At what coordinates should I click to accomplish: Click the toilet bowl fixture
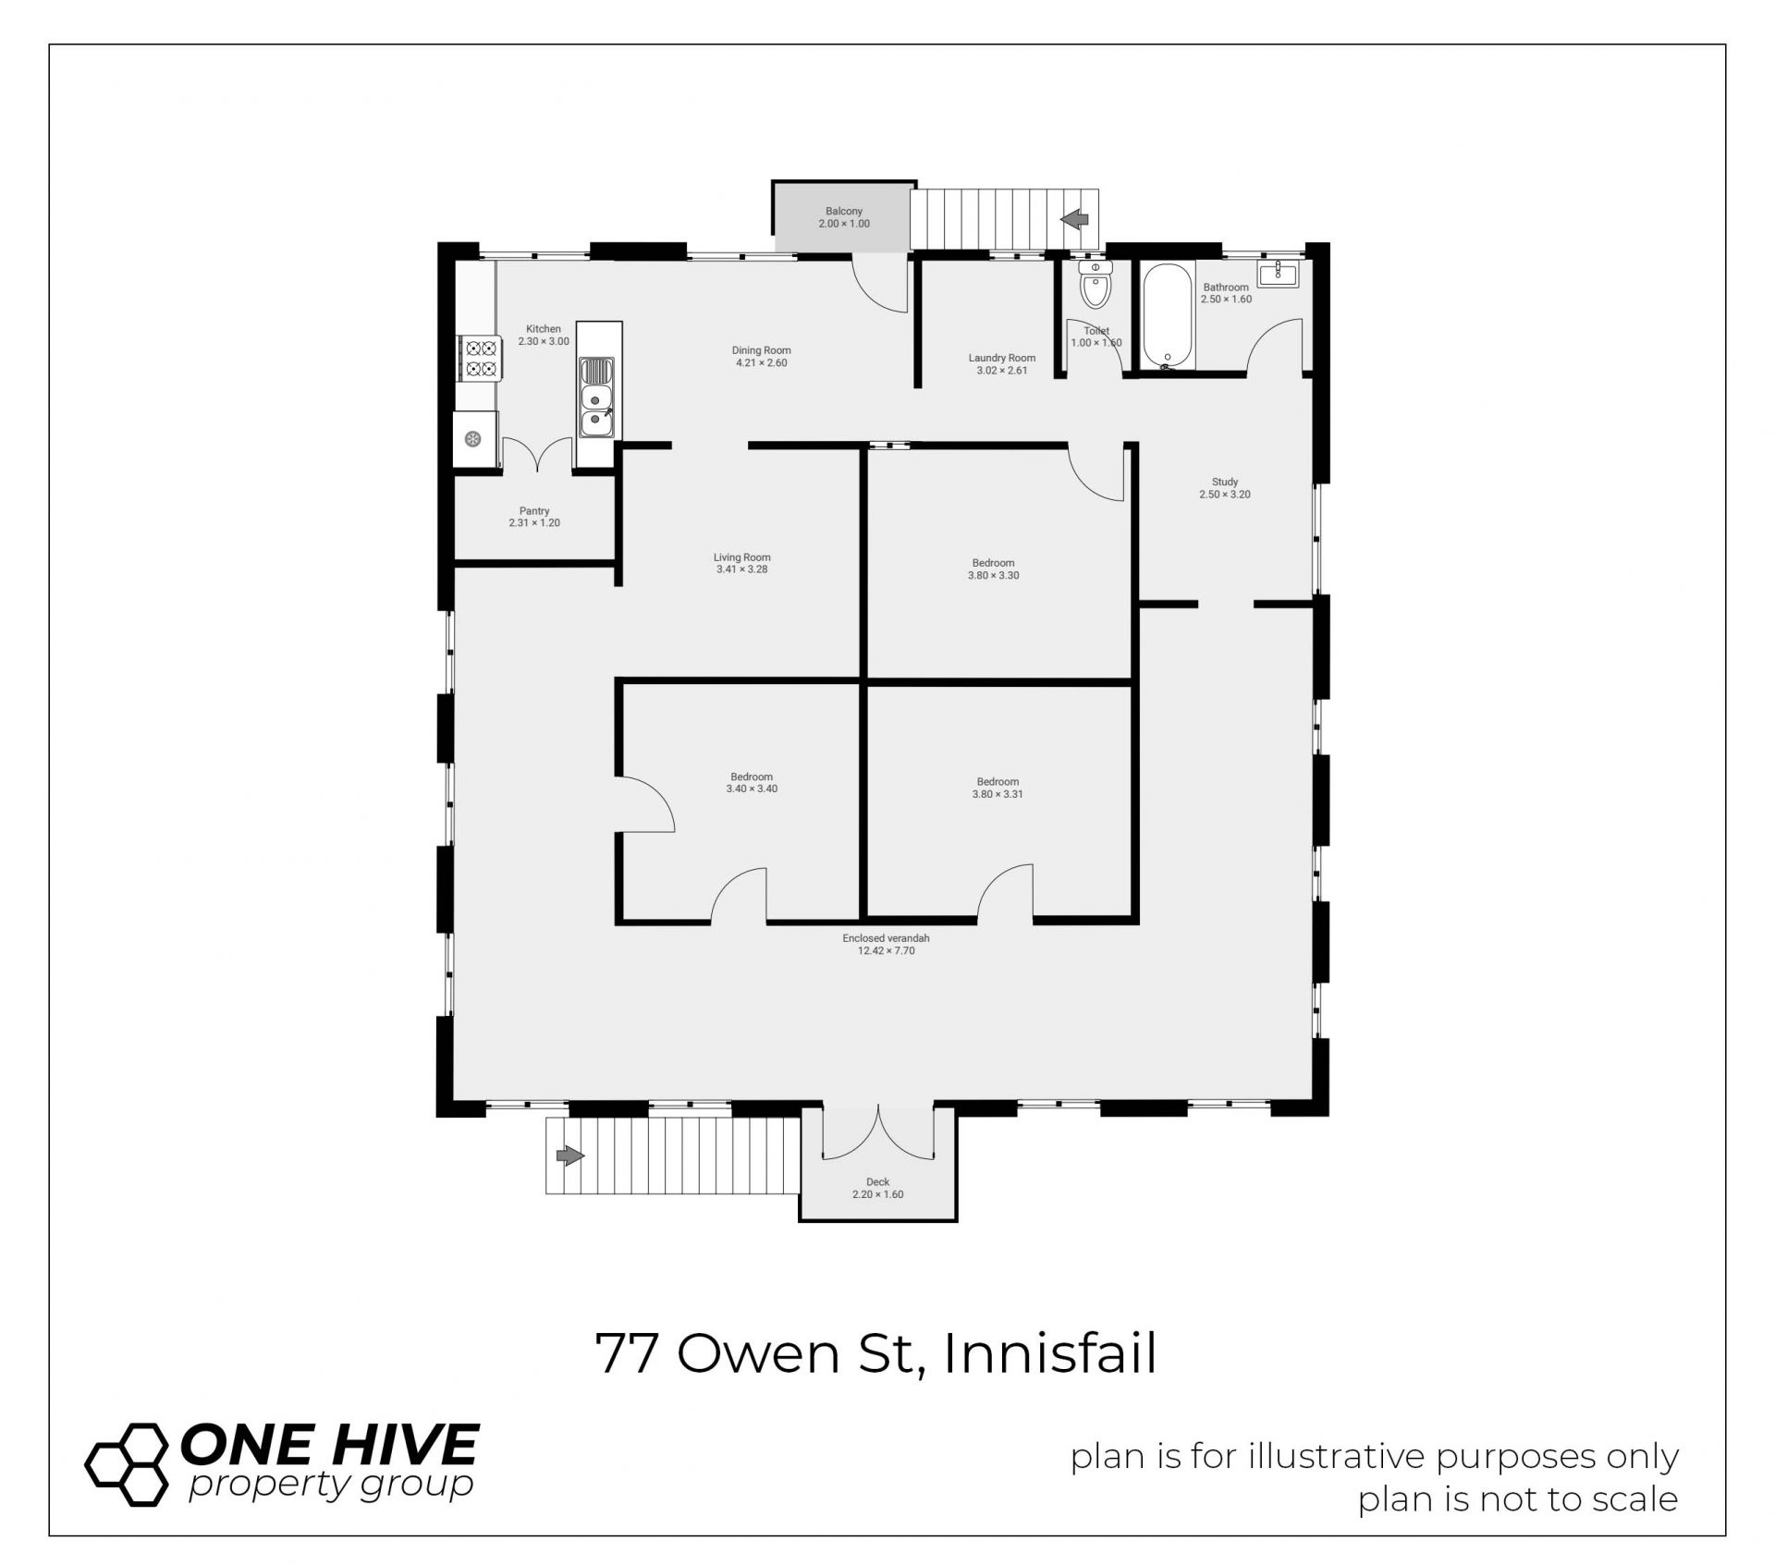1096,284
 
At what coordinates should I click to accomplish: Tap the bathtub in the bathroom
1169,316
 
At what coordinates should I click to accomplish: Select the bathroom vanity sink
1279,273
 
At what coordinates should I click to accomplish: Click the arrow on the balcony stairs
1074,220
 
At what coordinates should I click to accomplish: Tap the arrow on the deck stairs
570,1155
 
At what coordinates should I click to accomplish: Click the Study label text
1225,482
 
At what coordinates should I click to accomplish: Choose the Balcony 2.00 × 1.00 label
844,217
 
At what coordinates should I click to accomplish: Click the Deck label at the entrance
877,1181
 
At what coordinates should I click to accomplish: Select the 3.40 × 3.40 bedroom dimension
753,789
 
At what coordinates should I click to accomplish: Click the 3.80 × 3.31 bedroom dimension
998,794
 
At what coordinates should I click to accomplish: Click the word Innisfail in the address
1050,1354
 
